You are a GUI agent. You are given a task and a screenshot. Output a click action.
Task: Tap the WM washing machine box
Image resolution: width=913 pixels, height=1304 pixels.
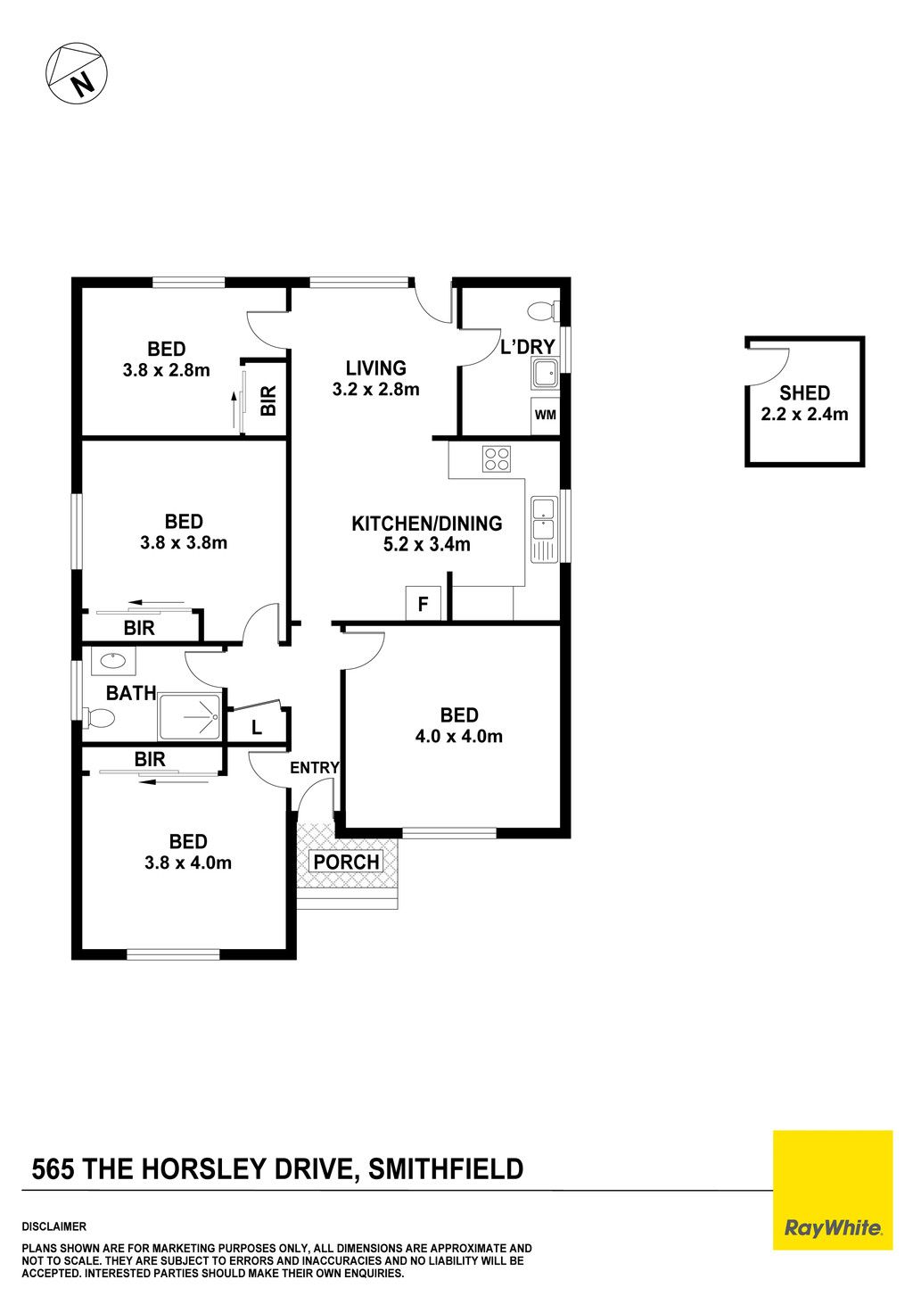click(x=545, y=416)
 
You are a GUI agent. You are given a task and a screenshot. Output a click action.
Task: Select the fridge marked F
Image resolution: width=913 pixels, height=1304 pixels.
click(x=423, y=603)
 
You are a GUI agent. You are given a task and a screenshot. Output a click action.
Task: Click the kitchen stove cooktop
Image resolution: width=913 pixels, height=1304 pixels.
click(x=497, y=458)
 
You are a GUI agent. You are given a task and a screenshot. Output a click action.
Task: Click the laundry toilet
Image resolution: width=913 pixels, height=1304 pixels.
click(x=543, y=310)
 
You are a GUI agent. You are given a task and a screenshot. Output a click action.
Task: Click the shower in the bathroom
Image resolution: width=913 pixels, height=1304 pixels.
click(x=190, y=716)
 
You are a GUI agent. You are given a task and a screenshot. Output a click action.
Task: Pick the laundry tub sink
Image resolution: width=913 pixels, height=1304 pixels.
click(x=545, y=373)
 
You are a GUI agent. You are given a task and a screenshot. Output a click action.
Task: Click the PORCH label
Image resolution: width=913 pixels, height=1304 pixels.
click(x=347, y=861)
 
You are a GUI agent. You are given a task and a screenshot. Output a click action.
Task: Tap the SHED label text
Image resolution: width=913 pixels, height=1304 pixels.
click(x=804, y=393)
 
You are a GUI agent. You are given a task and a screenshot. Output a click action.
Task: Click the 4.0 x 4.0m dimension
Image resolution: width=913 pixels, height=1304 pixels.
click(x=458, y=736)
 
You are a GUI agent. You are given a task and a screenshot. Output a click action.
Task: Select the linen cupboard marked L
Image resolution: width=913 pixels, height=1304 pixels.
click(x=256, y=727)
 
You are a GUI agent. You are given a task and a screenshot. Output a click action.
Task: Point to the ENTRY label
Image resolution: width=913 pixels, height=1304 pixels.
click(x=314, y=768)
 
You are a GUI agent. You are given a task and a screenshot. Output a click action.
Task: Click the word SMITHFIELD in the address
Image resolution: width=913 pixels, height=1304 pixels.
click(x=446, y=1168)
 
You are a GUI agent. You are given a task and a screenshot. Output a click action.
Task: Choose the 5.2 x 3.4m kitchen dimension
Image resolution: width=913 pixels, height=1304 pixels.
click(x=426, y=544)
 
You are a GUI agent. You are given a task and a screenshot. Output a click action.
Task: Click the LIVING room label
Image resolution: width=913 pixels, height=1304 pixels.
click(x=376, y=367)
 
